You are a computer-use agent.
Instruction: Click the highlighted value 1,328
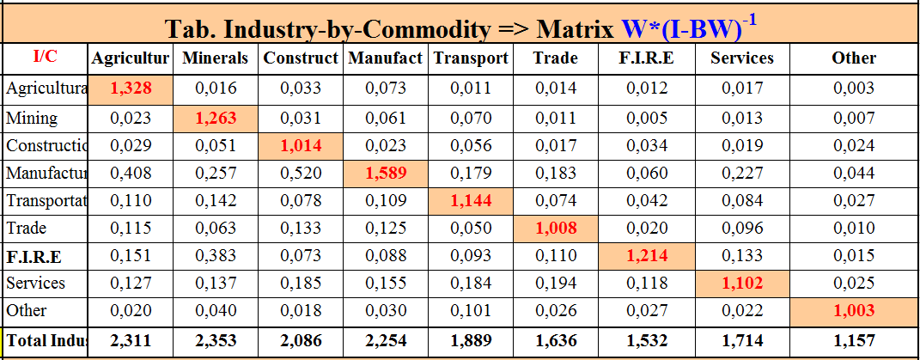[x=131, y=88]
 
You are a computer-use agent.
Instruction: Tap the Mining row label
[x=32, y=118]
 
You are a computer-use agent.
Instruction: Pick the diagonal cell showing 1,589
[x=385, y=174]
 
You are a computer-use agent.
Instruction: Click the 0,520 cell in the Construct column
[x=301, y=174]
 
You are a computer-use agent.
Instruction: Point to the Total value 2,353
[x=216, y=341]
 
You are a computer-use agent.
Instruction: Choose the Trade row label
[x=26, y=229]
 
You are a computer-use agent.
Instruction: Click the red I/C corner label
[x=46, y=58]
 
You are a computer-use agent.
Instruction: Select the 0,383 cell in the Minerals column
[x=216, y=256]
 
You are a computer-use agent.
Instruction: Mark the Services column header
[x=742, y=58]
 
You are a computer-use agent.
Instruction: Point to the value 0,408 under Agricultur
[x=131, y=174]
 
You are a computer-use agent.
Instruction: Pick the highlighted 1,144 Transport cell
[x=469, y=201]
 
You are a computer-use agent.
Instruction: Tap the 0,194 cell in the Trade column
[x=555, y=283]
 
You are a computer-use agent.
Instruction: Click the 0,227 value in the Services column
[x=742, y=174]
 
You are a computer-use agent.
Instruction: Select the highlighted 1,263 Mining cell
[x=216, y=118]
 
